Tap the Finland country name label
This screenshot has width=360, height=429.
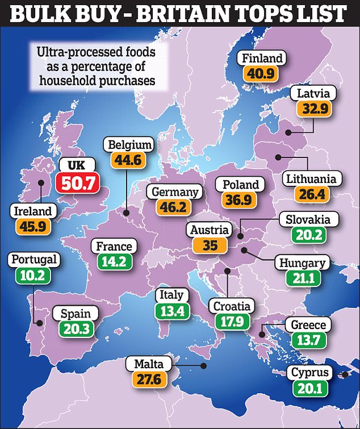(262, 59)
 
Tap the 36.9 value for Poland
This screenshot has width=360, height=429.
(241, 201)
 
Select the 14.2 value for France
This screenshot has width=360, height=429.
(114, 262)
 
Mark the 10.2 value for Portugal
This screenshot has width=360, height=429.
(34, 276)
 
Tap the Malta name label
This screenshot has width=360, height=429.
(149, 363)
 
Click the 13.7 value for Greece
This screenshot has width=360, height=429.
(308, 341)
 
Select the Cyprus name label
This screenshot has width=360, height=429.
(310, 373)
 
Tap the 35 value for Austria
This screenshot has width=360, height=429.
(210, 245)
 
